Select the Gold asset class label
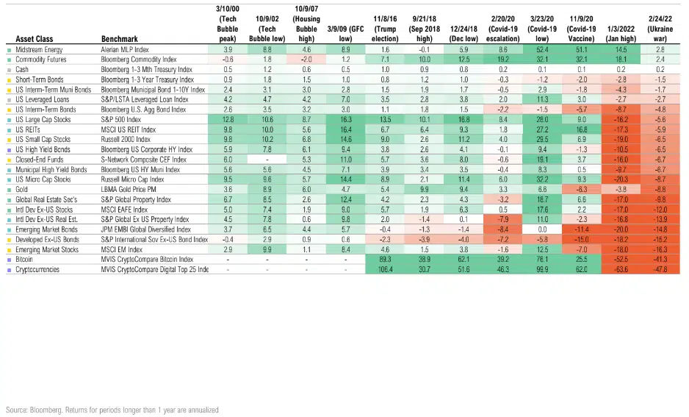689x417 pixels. pyautogui.click(x=23, y=188)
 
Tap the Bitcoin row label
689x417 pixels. pyautogui.click(x=25, y=259)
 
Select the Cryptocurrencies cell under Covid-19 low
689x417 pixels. pyautogui.click(x=545, y=270)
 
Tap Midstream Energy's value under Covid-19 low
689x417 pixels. pyautogui.click(x=545, y=49)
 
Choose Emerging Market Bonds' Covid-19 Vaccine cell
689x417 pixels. pyautogui.click(x=585, y=229)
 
